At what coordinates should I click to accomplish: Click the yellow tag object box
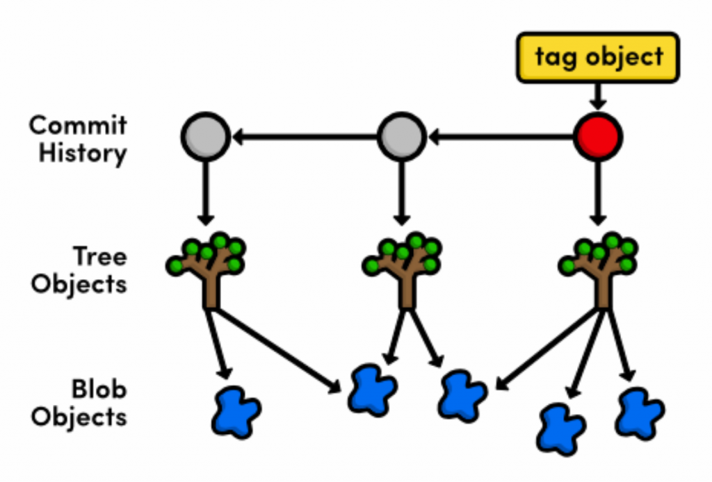click(598, 57)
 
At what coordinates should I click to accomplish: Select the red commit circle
click(598, 137)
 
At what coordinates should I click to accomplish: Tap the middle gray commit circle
click(401, 137)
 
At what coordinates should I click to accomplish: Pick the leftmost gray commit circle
click(204, 137)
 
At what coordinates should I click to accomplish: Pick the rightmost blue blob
click(639, 413)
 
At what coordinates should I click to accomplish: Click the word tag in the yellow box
click(554, 57)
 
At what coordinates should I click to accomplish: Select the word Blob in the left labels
click(99, 390)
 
